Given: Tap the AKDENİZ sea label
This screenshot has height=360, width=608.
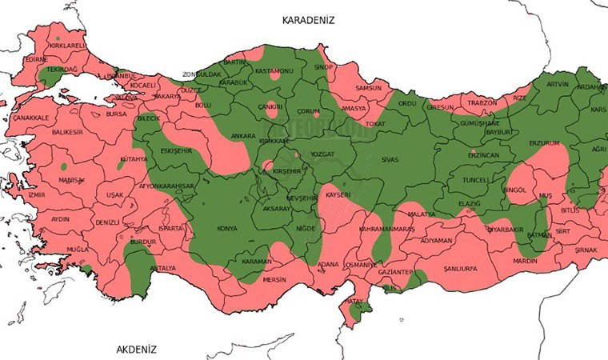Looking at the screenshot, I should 137,350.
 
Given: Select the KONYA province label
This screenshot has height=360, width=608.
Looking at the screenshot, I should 227,229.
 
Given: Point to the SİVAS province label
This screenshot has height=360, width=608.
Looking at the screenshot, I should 390,159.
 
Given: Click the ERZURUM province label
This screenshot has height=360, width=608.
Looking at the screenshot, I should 545,142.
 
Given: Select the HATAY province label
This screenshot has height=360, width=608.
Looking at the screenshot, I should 354,302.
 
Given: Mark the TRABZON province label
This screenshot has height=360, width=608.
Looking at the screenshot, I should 482,102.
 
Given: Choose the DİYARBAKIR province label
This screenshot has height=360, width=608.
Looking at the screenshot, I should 506,227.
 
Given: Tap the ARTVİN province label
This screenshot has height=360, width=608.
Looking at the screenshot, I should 557,84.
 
